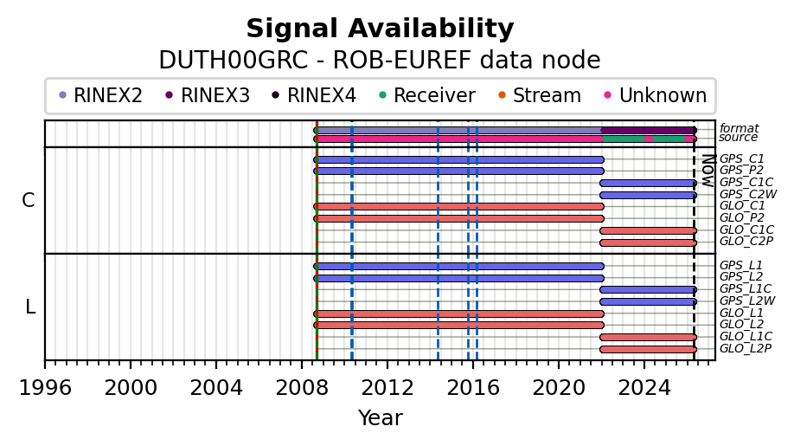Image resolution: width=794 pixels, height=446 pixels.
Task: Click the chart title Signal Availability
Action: point(380,29)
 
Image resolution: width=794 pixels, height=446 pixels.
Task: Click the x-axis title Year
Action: point(380,418)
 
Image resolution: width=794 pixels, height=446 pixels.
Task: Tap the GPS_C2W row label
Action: point(747,194)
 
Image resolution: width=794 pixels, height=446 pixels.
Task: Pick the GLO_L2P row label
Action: point(746,348)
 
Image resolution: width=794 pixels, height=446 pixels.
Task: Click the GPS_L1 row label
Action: point(741,265)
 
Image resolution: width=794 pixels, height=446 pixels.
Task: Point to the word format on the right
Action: point(739,128)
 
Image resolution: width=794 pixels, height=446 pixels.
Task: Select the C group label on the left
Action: point(29,200)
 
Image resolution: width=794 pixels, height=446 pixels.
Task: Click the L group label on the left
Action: point(30,307)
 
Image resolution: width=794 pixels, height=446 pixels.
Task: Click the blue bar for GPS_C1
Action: point(458,159)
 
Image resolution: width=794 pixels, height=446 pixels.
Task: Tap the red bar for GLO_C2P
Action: point(647,242)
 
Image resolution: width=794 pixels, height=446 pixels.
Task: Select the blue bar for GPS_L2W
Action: point(647,301)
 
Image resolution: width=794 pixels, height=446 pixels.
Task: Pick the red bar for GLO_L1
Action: point(458,313)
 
